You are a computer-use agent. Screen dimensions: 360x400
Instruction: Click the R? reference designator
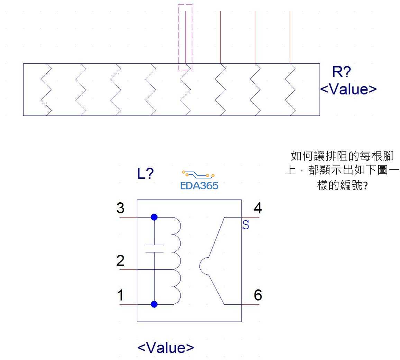click(x=341, y=72)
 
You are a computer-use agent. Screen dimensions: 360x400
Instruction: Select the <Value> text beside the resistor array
click(x=348, y=89)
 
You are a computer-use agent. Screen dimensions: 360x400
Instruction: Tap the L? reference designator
click(x=145, y=174)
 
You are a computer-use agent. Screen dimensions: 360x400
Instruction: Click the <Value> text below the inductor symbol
click(x=166, y=347)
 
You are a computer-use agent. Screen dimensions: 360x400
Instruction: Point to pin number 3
click(x=120, y=209)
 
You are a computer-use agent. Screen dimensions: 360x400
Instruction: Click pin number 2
click(x=120, y=261)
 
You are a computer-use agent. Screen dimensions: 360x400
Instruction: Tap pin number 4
click(x=258, y=209)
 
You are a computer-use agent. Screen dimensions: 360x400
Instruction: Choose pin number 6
click(x=258, y=295)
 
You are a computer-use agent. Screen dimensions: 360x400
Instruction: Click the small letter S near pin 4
click(x=246, y=226)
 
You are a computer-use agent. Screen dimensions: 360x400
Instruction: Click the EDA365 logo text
click(x=199, y=186)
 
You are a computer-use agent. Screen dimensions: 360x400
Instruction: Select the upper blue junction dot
click(x=154, y=217)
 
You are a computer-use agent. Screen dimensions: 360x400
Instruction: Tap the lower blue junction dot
click(x=154, y=304)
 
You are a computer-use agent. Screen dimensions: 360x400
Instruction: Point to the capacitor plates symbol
click(x=154, y=248)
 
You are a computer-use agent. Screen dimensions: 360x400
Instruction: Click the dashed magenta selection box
click(x=185, y=37)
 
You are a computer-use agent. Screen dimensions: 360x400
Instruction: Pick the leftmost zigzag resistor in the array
click(x=46, y=89)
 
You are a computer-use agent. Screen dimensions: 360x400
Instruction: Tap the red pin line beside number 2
click(x=128, y=269)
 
